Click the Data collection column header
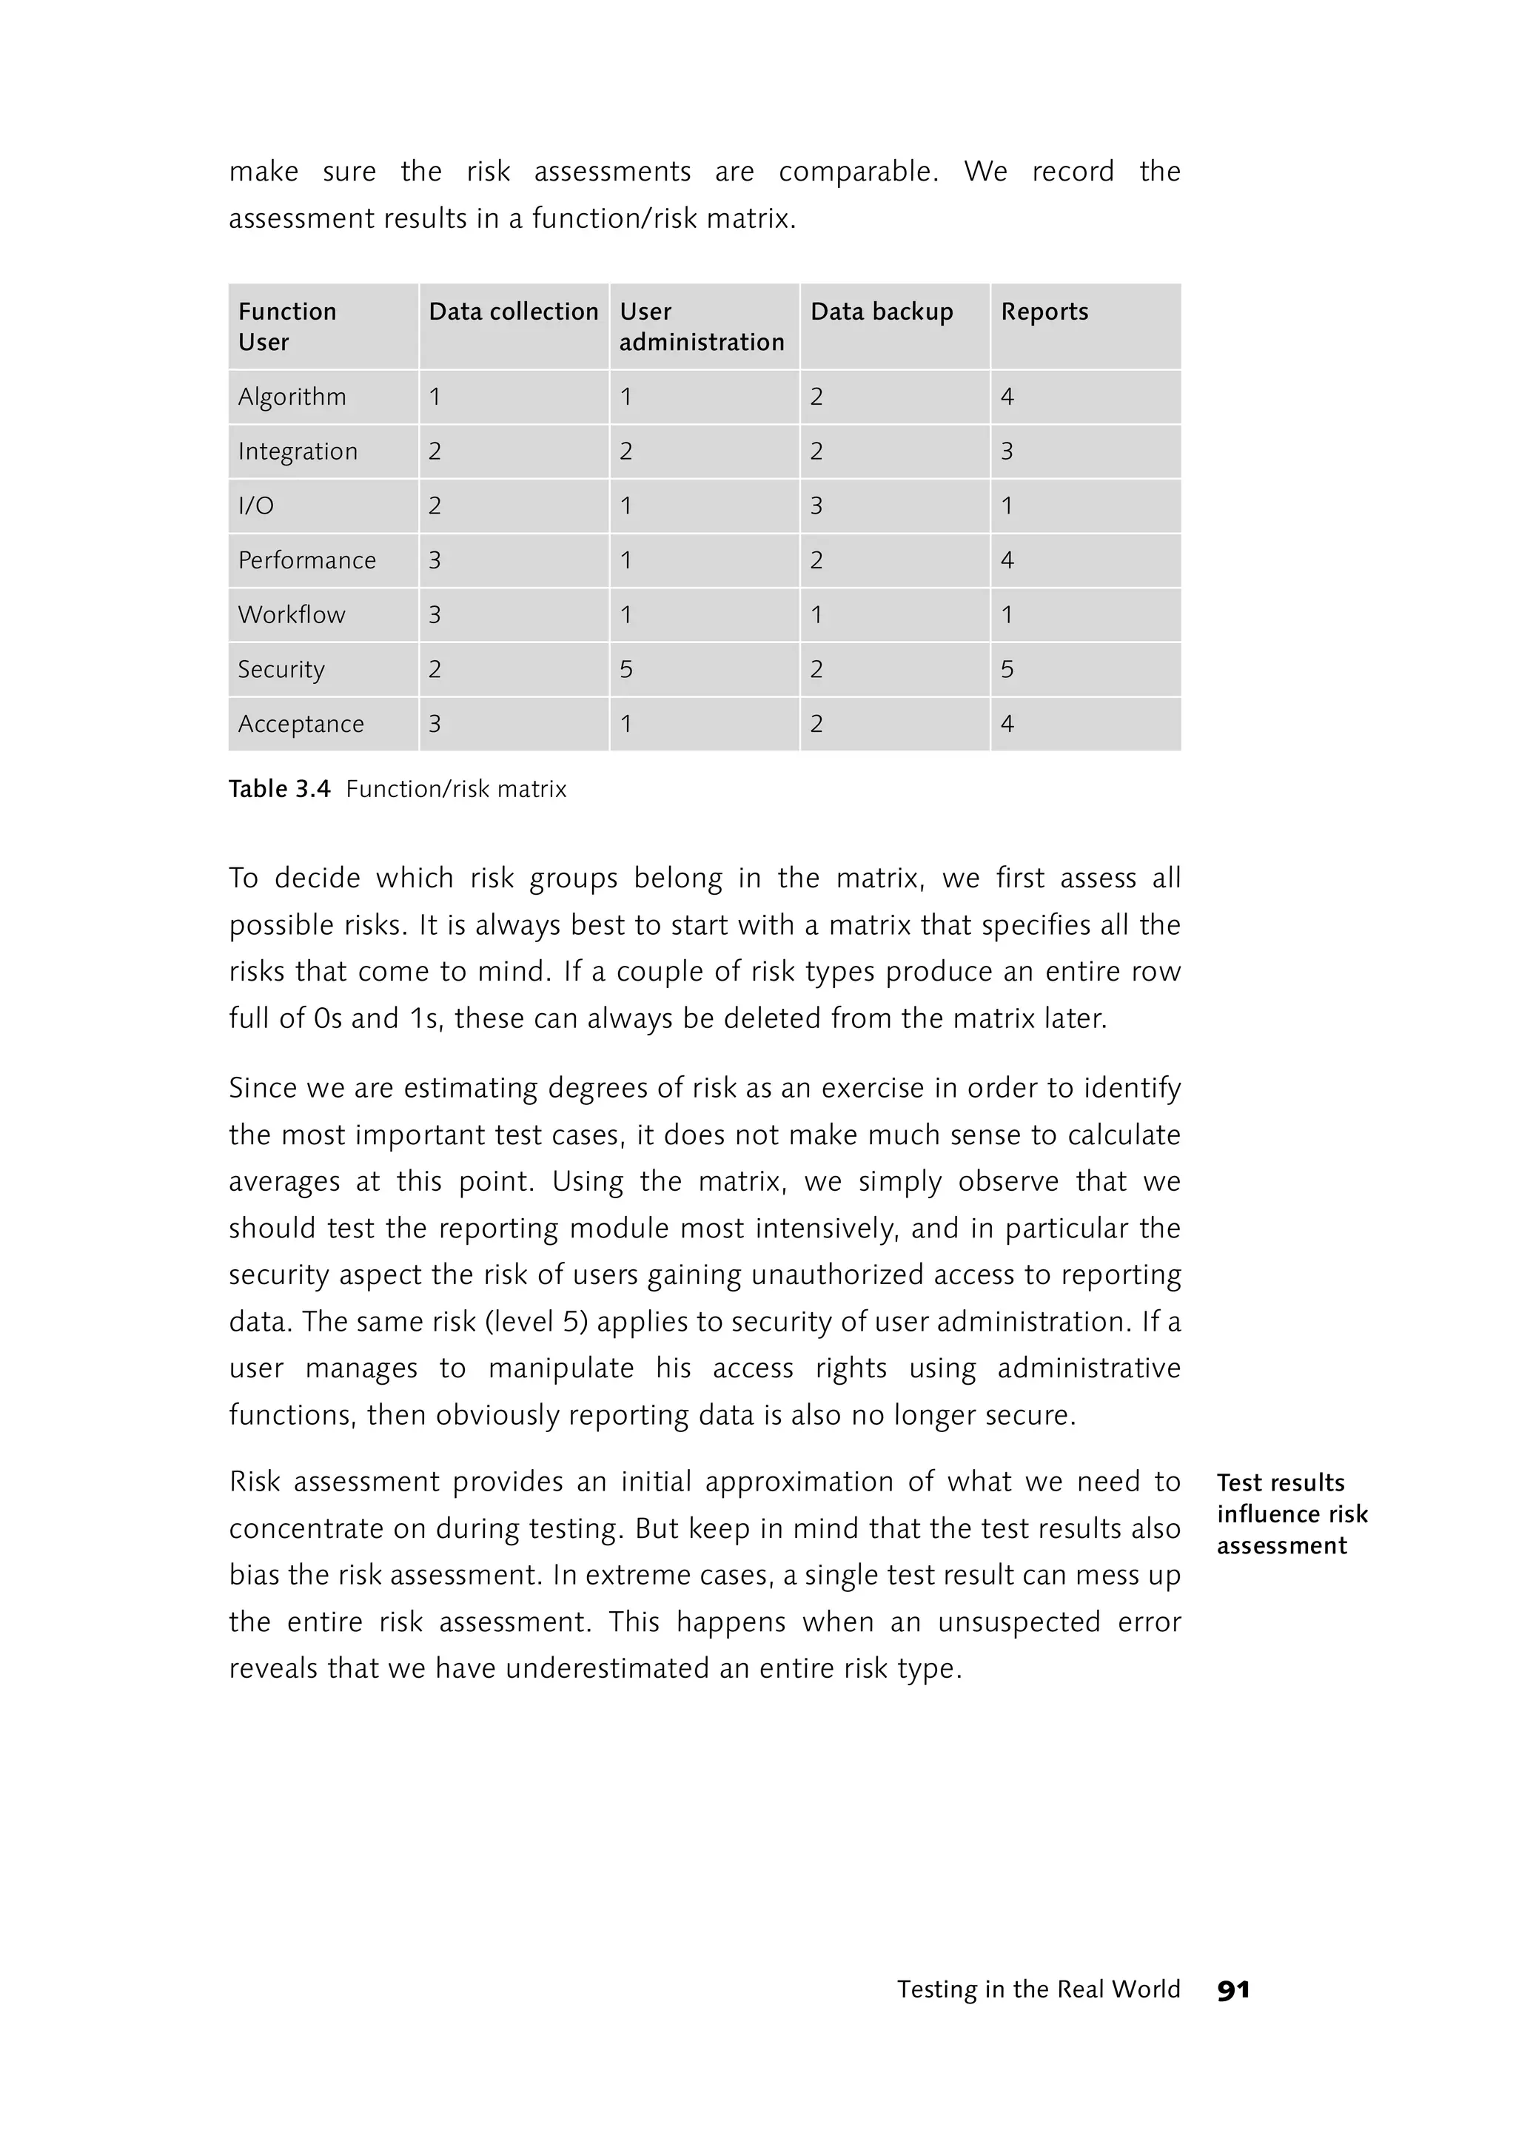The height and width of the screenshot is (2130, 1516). (512, 312)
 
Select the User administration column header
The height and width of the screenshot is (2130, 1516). (701, 326)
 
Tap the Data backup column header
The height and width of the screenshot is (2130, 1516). (881, 312)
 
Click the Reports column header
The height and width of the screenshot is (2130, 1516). (1044, 312)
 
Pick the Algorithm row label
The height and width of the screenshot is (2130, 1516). (291, 397)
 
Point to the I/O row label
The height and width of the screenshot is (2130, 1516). (256, 506)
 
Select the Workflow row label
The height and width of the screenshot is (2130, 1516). (291, 615)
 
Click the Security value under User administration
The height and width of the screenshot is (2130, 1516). (625, 669)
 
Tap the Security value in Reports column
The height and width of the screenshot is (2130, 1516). (1006, 669)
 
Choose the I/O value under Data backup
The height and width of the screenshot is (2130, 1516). (816, 506)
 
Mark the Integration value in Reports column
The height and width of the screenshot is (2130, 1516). (1006, 451)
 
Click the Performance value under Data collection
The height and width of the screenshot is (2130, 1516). (434, 560)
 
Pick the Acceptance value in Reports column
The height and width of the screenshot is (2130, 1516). (1006, 723)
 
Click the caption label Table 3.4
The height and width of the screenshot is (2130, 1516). (279, 790)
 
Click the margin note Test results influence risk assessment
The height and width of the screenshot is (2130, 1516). (1291, 1514)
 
